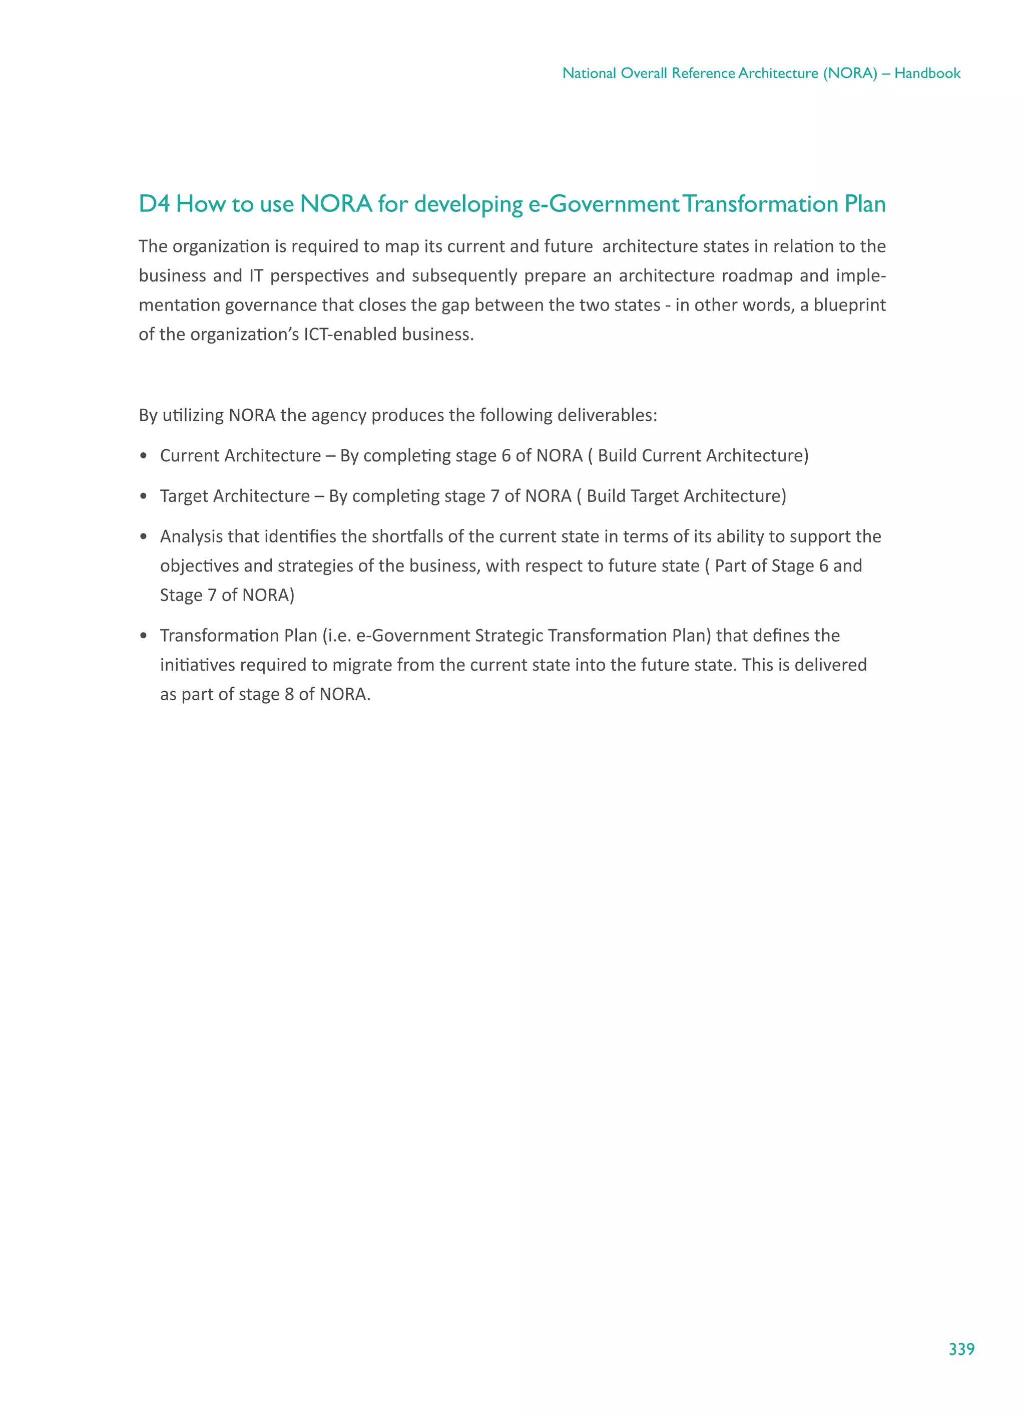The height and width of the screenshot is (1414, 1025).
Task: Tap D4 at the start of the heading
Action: pyautogui.click(x=153, y=204)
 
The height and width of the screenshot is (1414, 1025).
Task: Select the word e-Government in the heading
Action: pyautogui.click(x=603, y=204)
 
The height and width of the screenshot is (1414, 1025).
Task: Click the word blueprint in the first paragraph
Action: pyautogui.click(x=849, y=305)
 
